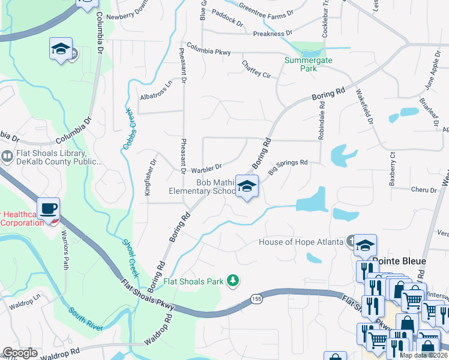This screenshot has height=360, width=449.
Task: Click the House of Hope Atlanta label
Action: (301, 242)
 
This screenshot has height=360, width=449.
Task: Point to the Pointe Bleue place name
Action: (399, 261)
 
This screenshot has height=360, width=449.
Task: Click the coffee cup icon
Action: (48, 208)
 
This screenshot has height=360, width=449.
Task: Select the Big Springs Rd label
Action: (288, 163)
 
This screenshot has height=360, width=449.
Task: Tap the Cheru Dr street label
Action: (424, 190)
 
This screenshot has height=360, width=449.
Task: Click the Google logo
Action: (20, 353)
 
